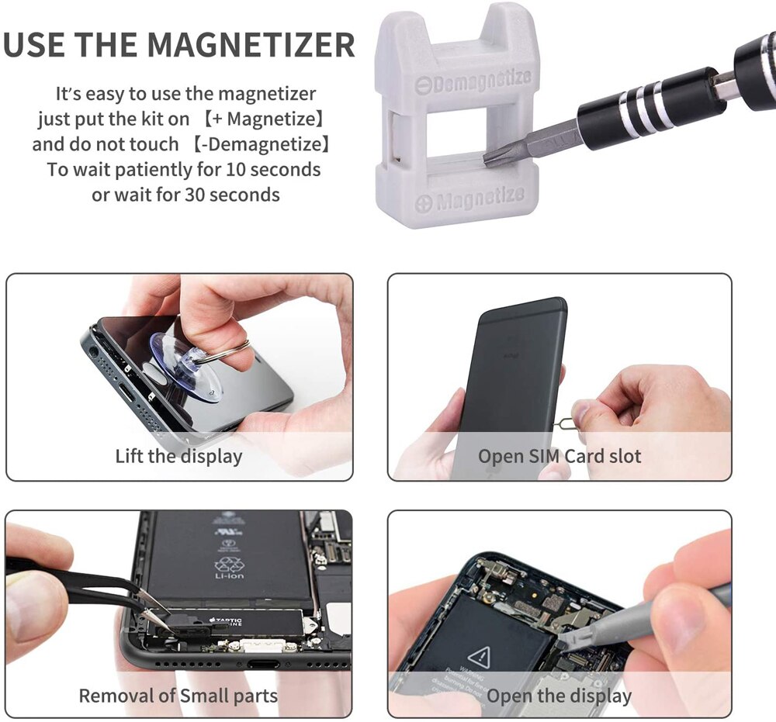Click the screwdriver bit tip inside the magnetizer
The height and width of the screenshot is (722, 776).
(491, 158)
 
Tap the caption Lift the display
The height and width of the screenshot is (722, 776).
(178, 456)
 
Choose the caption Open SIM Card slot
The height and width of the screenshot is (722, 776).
(559, 456)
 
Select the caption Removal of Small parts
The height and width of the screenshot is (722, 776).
(178, 695)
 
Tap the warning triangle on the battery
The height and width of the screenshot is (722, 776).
(479, 655)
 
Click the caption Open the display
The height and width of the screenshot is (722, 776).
(559, 696)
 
